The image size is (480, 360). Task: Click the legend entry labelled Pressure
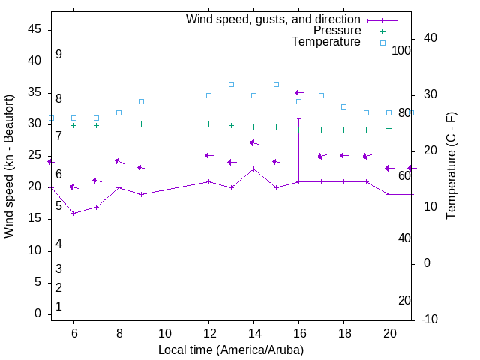[x=337, y=31]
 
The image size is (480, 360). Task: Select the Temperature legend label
[x=326, y=43]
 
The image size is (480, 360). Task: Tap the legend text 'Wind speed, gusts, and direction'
[x=273, y=19]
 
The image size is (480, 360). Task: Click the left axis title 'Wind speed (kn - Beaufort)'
[x=9, y=166]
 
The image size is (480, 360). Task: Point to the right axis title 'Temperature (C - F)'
[x=451, y=166]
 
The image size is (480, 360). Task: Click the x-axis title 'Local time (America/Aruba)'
[x=231, y=349]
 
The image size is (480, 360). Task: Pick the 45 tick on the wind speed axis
[x=34, y=28]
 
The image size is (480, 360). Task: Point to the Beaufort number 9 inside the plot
[x=58, y=55]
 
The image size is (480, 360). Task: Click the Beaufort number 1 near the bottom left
[x=58, y=307]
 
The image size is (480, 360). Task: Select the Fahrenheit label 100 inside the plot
[x=402, y=51]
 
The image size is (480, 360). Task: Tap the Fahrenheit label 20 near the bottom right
[x=404, y=301]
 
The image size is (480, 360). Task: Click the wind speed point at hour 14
[x=254, y=169]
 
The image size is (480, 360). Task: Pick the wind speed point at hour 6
[x=73, y=213]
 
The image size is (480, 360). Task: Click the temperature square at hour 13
[x=231, y=84]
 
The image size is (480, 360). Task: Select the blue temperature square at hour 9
[x=141, y=101]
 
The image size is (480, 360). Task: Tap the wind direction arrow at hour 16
[x=299, y=92]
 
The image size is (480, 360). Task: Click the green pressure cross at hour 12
[x=208, y=124]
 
